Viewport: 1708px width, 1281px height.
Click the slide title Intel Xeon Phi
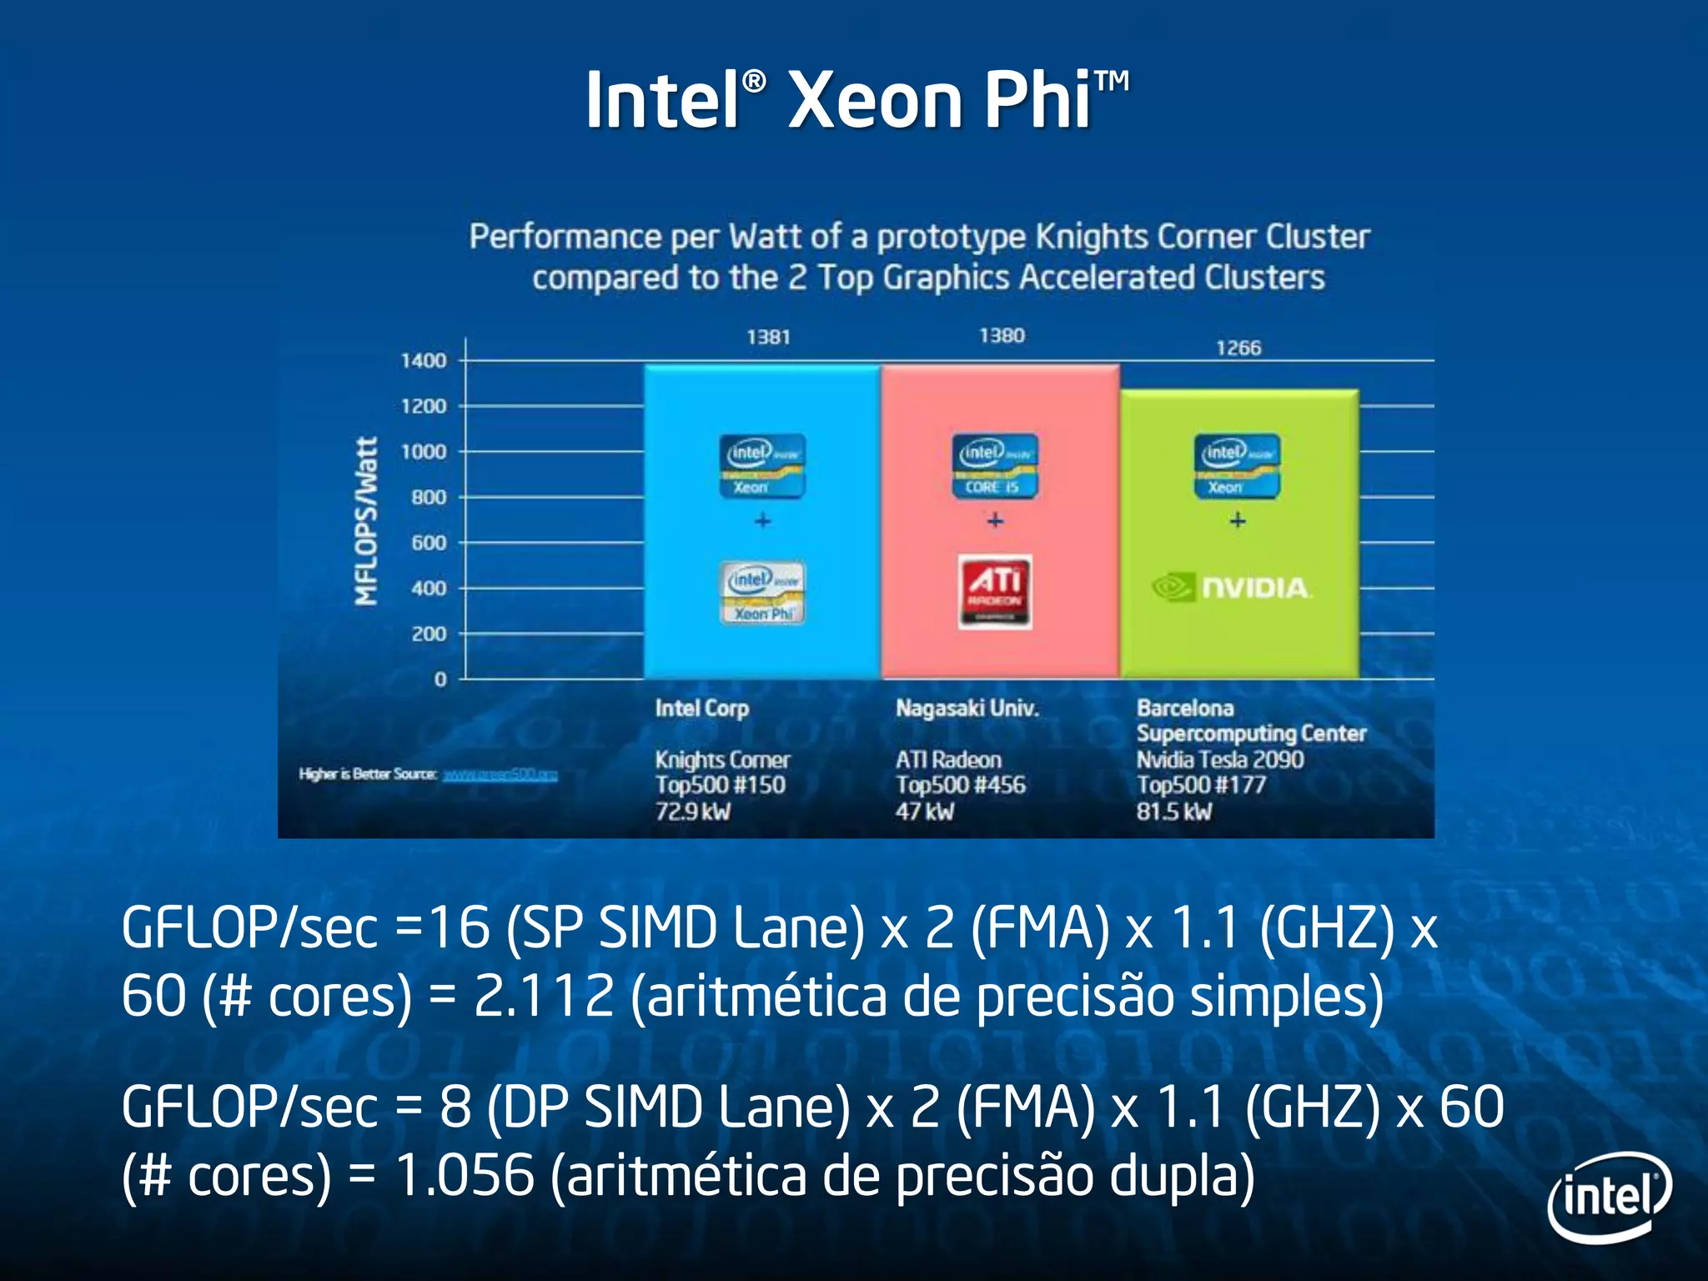click(857, 100)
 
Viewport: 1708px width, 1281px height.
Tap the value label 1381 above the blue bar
click(768, 337)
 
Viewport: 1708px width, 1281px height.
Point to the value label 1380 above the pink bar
click(1002, 335)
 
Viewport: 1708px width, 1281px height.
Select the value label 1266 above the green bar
click(1238, 348)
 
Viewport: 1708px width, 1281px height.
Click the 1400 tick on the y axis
click(424, 360)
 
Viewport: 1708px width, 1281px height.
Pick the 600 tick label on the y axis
click(429, 543)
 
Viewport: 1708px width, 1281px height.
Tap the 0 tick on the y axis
click(440, 680)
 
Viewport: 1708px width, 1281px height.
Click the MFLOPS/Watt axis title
click(367, 520)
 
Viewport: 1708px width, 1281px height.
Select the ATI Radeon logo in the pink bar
click(995, 591)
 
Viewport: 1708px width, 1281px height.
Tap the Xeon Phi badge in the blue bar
click(763, 592)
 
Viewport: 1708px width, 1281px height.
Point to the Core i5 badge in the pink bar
click(995, 465)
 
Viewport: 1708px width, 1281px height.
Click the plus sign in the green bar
click(1238, 520)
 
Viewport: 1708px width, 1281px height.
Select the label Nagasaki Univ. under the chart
click(967, 708)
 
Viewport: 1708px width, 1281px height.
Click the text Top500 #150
click(720, 785)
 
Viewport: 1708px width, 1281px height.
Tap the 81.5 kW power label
click(1174, 811)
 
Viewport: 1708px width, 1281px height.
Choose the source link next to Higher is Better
click(500, 775)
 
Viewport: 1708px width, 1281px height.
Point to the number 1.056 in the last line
click(464, 1175)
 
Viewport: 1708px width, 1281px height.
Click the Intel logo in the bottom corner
click(1610, 1198)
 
